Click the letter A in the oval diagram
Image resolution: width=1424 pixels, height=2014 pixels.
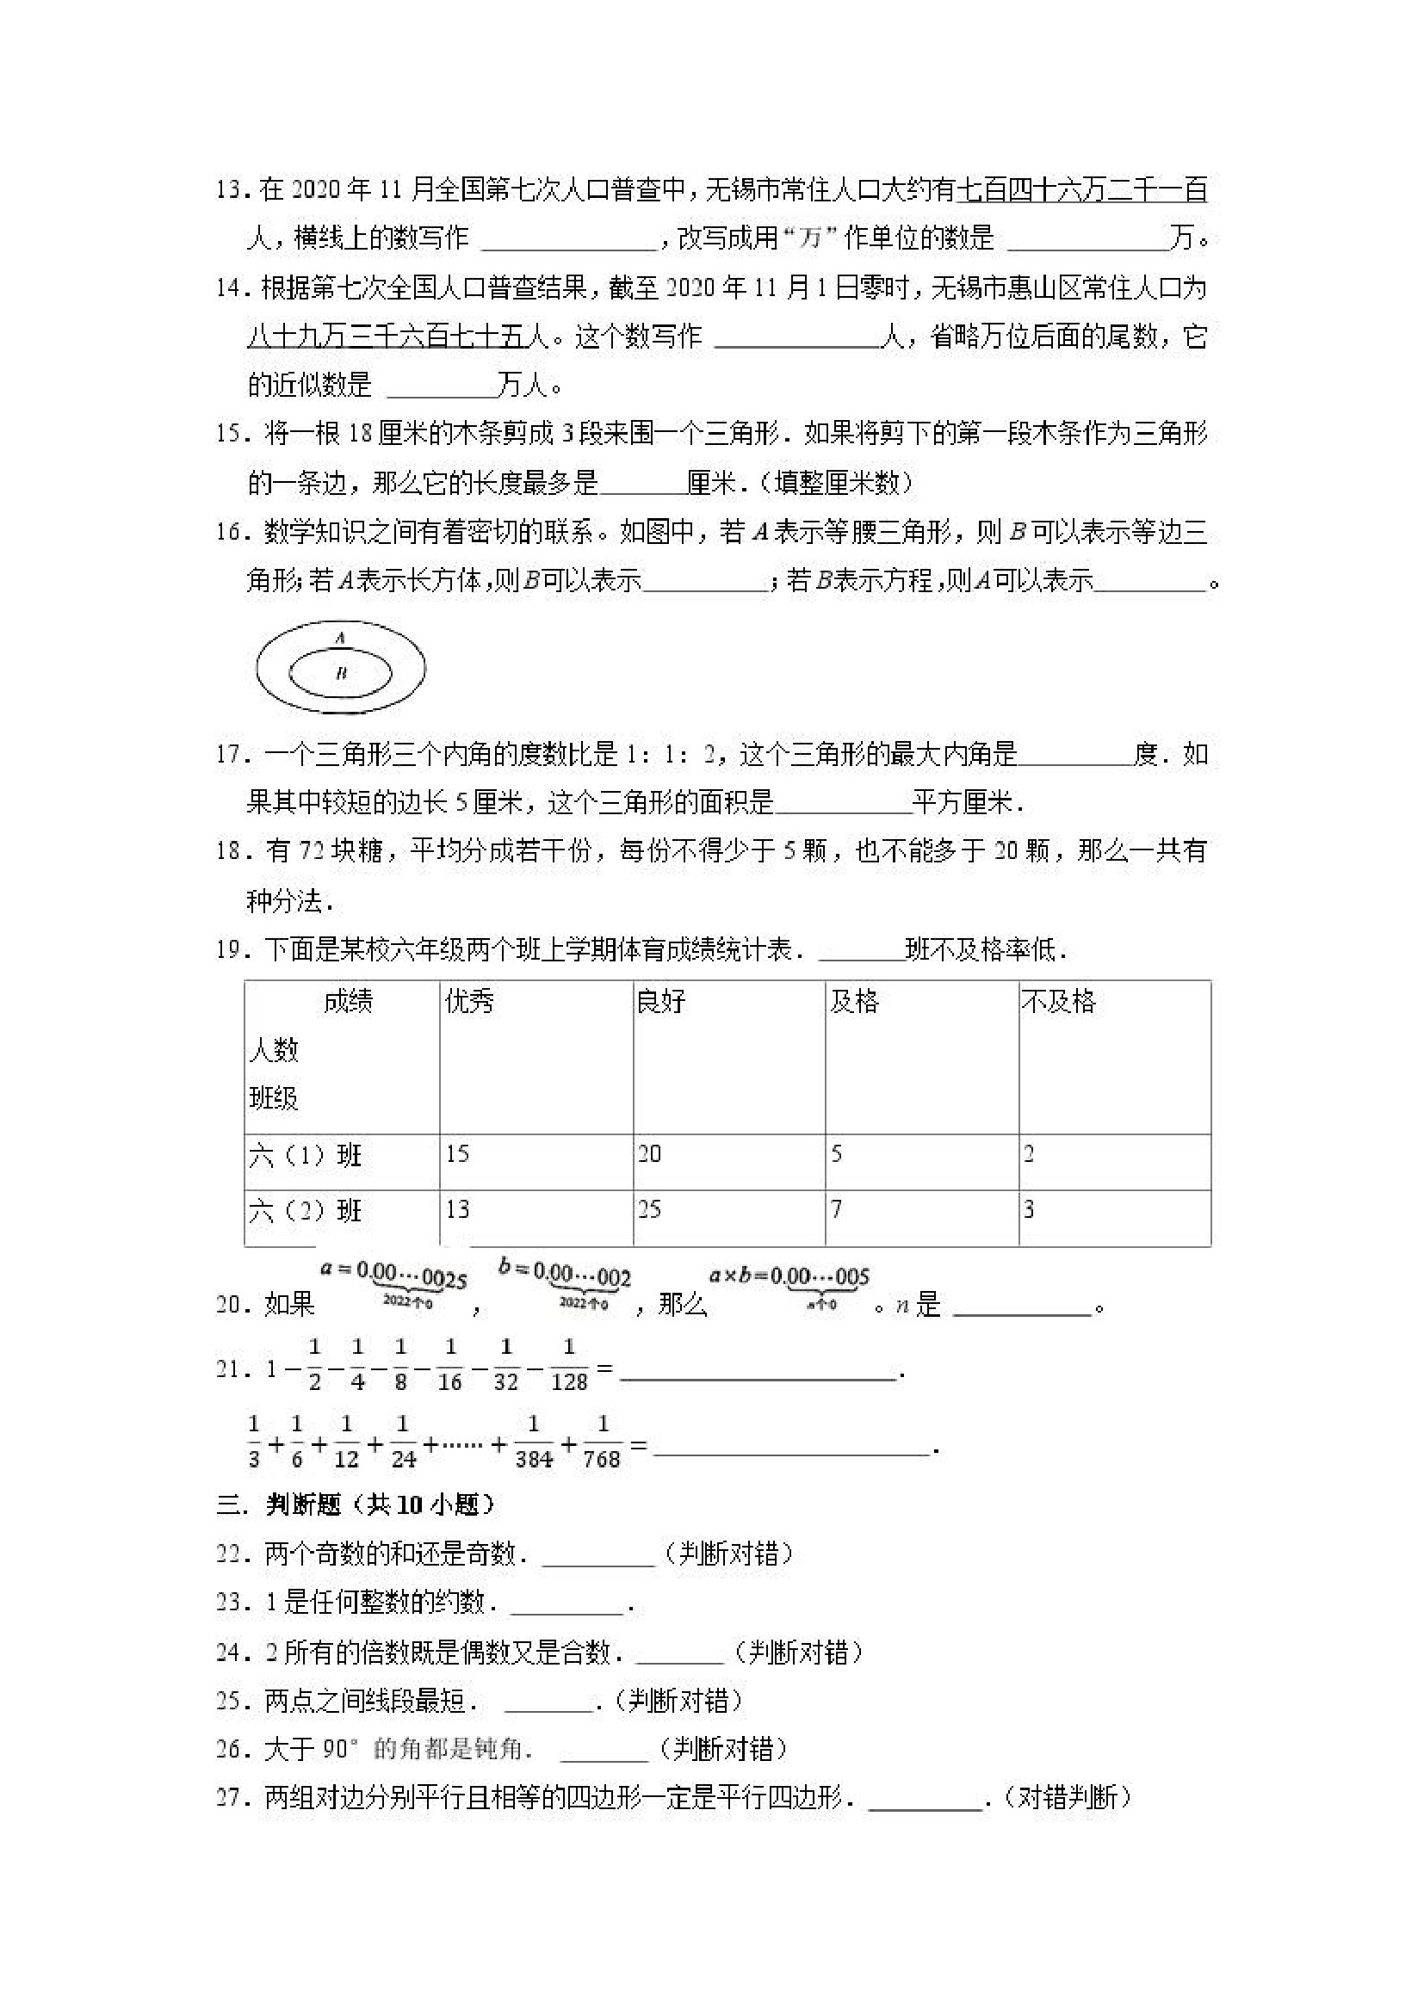click(340, 638)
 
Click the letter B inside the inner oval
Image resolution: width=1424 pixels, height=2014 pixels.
click(341, 673)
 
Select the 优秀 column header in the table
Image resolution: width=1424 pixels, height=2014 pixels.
click(469, 1001)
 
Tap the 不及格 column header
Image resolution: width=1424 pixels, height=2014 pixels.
click(1058, 1001)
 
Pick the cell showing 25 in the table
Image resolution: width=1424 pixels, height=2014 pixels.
click(649, 1209)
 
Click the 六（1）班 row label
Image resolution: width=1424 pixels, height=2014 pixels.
click(306, 1155)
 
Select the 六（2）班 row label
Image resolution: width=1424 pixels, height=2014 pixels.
click(306, 1211)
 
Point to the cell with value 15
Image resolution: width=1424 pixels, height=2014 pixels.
click(457, 1153)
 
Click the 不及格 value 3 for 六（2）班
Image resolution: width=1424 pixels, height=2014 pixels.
click(1029, 1209)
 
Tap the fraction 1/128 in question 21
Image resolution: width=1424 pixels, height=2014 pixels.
click(568, 1365)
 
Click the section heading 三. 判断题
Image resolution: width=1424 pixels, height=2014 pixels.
click(356, 1504)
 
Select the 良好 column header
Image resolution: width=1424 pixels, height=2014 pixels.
click(660, 1001)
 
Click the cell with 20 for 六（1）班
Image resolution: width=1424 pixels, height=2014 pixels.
click(649, 1153)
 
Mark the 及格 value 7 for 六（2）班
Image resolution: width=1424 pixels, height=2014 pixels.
click(836, 1209)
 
